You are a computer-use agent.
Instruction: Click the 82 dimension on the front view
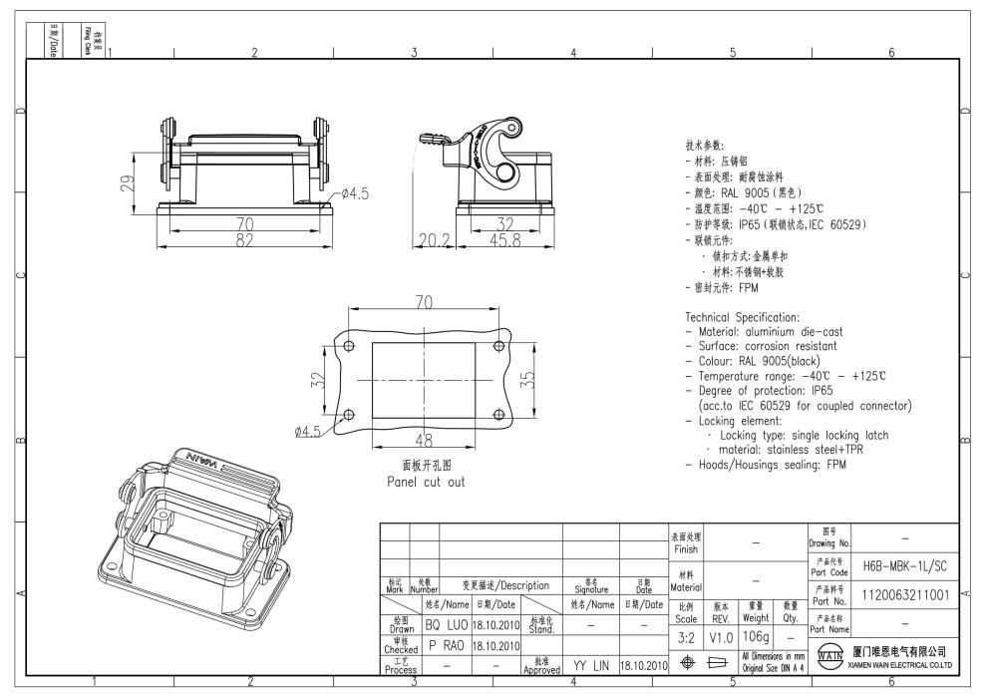click(x=244, y=240)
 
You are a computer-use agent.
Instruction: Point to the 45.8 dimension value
click(x=504, y=240)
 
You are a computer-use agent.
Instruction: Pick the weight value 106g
click(x=756, y=636)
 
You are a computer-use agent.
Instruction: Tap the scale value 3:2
click(x=688, y=636)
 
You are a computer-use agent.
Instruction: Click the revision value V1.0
click(x=721, y=636)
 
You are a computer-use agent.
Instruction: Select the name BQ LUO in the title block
click(x=446, y=624)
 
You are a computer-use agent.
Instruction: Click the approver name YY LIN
click(x=591, y=664)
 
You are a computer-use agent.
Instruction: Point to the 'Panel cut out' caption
click(x=426, y=482)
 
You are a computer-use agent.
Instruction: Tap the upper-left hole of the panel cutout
click(x=349, y=345)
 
